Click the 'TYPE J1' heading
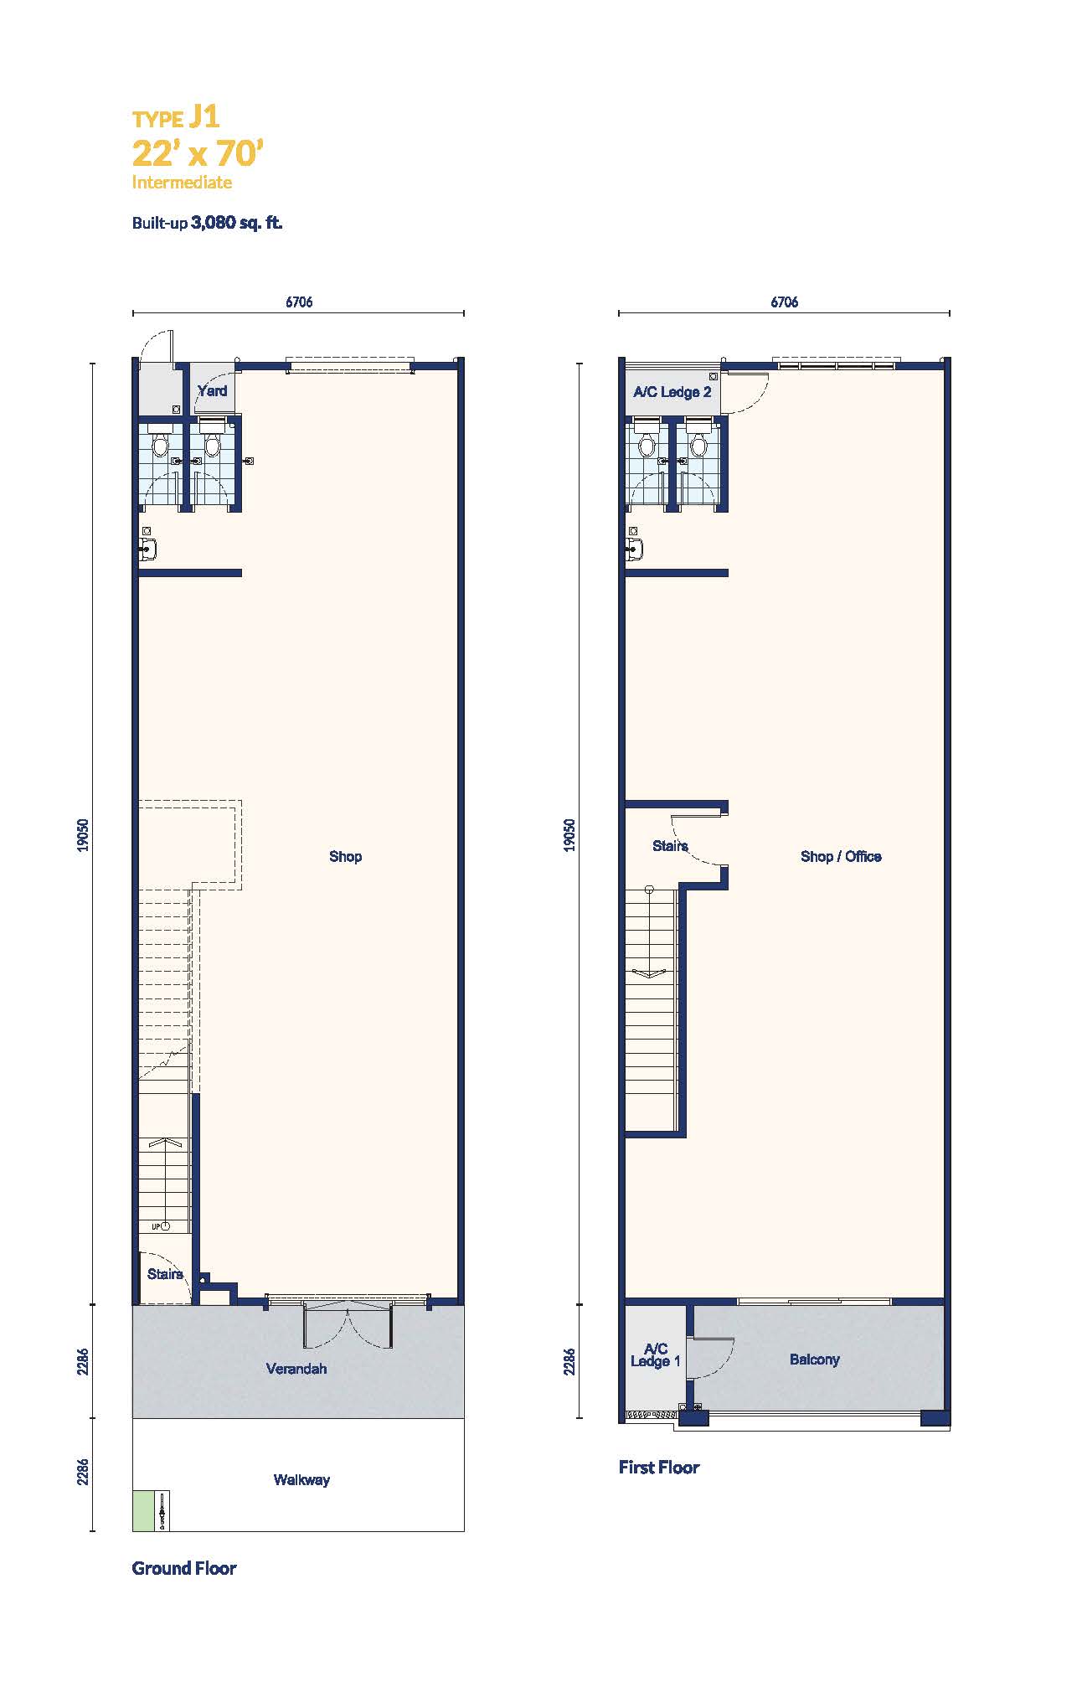click(x=176, y=117)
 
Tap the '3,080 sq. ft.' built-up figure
click(x=237, y=223)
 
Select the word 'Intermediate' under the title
click(x=182, y=182)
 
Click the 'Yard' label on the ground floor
click(x=213, y=390)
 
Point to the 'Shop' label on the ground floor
click(x=345, y=856)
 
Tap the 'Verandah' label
click(x=296, y=1369)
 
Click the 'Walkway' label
click(x=301, y=1479)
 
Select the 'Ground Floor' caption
click(x=184, y=1568)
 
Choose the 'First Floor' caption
click(x=659, y=1467)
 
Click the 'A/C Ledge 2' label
click(x=672, y=392)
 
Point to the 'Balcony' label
click(x=814, y=1360)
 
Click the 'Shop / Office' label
click(x=841, y=856)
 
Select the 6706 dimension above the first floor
click(x=784, y=302)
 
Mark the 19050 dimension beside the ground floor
click(x=82, y=835)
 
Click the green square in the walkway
click(x=143, y=1511)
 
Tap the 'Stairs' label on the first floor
click(x=670, y=846)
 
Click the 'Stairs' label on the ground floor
click(x=165, y=1274)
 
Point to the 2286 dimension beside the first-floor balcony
click(x=569, y=1361)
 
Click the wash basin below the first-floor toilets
click(x=635, y=549)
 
